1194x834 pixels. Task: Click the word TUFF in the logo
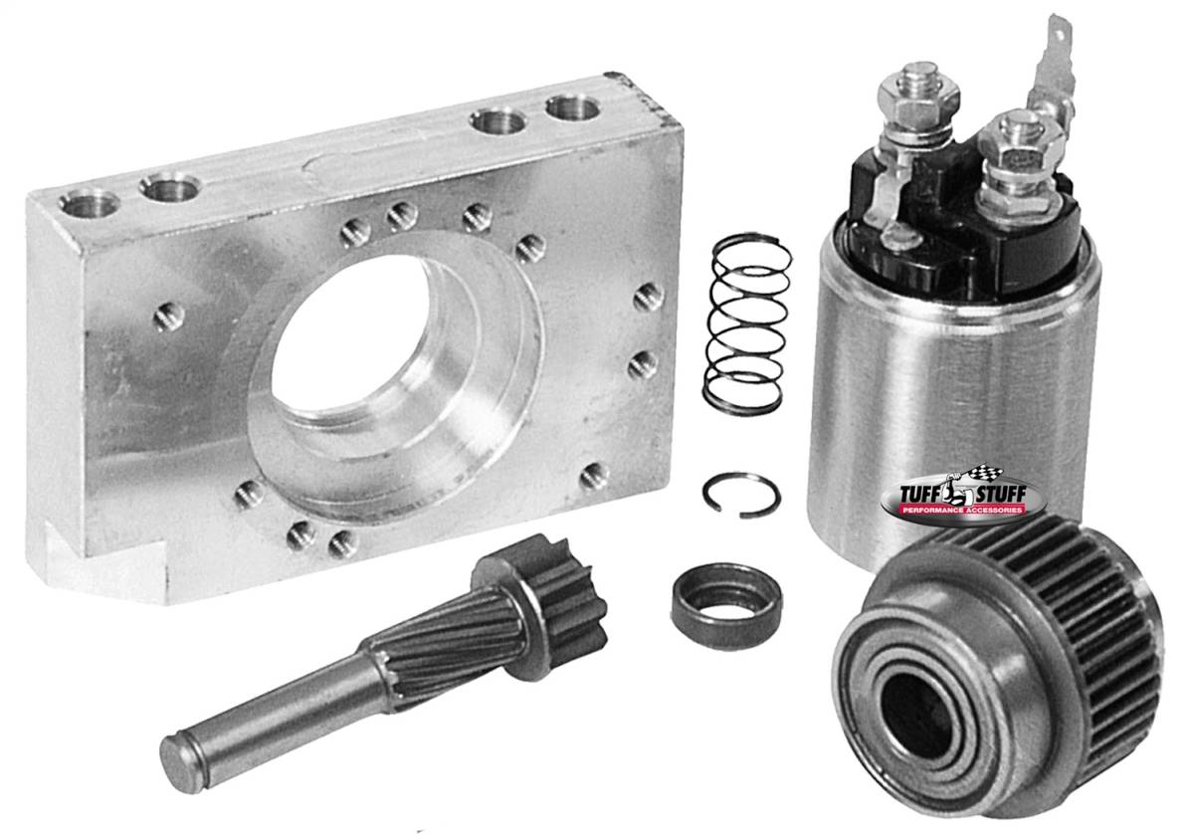[x=917, y=495]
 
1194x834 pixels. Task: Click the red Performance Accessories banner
[x=961, y=511]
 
